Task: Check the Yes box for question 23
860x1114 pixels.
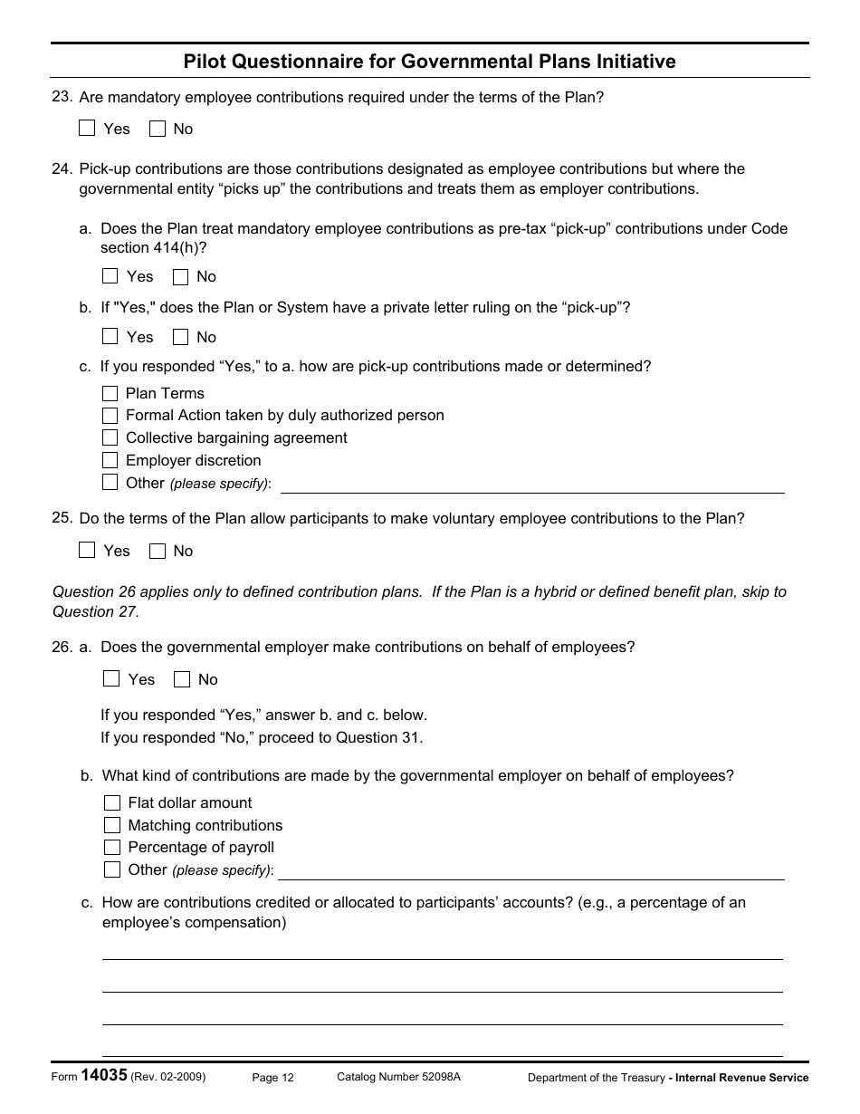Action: pyautogui.click(x=87, y=129)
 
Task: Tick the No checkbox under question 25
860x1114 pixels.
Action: pyautogui.click(x=158, y=551)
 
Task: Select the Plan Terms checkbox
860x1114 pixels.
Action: pyautogui.click(x=110, y=393)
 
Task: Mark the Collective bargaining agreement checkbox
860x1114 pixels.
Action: pyautogui.click(x=110, y=437)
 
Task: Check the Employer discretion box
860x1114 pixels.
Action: pyautogui.click(x=110, y=460)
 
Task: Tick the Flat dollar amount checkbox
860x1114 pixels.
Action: pyautogui.click(x=112, y=802)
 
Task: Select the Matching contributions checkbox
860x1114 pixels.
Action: pyautogui.click(x=112, y=825)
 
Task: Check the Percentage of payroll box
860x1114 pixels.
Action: pyautogui.click(x=112, y=847)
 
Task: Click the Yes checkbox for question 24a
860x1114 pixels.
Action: pyautogui.click(x=110, y=276)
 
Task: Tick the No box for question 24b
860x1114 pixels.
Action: pyautogui.click(x=181, y=337)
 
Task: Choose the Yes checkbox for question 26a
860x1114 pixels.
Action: pyautogui.click(x=111, y=679)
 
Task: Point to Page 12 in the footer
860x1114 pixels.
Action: pyautogui.click(x=272, y=1078)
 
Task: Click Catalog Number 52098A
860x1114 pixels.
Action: pyautogui.click(x=398, y=1077)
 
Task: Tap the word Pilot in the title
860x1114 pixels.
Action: pyautogui.click(x=204, y=62)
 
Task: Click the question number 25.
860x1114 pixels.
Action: pyautogui.click(x=62, y=518)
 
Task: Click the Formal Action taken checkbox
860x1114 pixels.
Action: pyautogui.click(x=110, y=416)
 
